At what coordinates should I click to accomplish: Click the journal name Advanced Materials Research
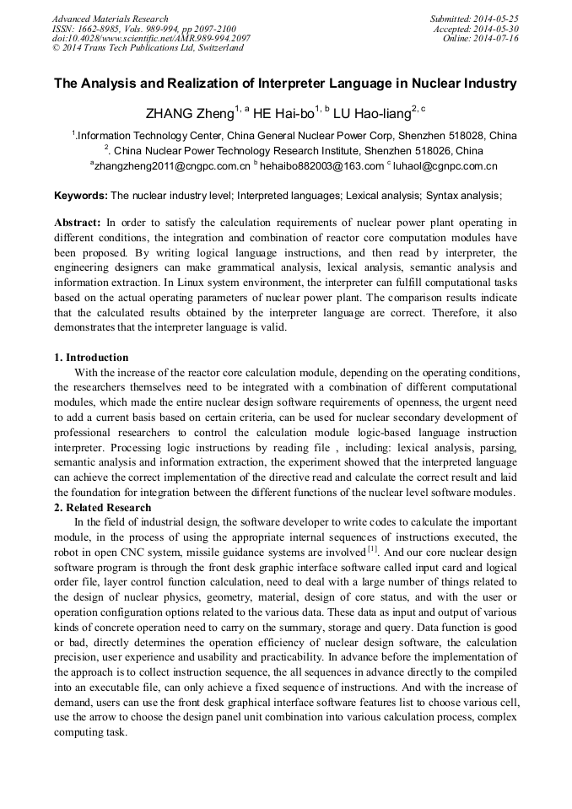click(x=110, y=19)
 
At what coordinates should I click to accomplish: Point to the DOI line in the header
click(x=151, y=38)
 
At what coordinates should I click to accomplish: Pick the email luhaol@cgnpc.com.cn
click(x=445, y=166)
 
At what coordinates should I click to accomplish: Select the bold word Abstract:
click(x=78, y=224)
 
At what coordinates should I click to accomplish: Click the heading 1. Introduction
click(x=91, y=358)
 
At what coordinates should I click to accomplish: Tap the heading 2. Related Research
click(x=102, y=507)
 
